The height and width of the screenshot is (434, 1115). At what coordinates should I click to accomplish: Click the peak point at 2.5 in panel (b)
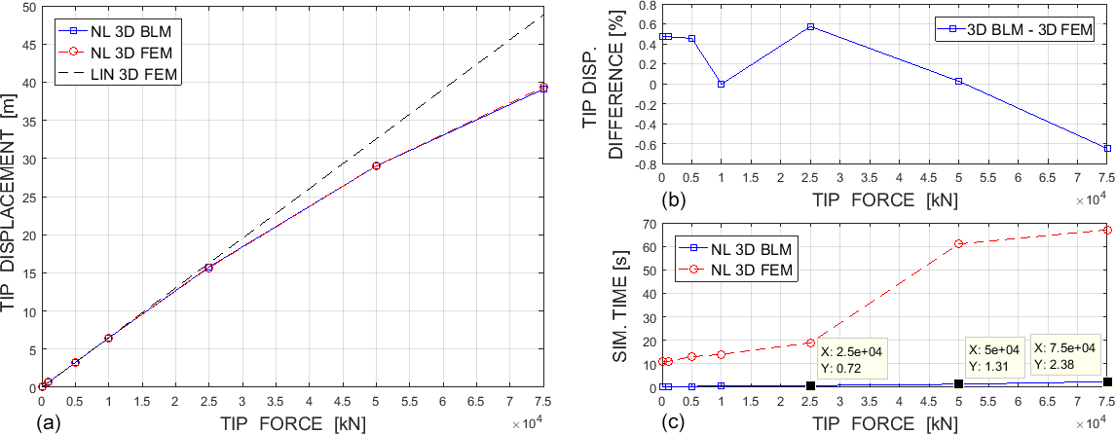pos(810,26)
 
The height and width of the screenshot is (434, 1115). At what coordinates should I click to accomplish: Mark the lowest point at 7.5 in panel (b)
pos(1107,148)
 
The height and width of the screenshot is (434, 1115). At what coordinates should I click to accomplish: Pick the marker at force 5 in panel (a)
pos(376,165)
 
